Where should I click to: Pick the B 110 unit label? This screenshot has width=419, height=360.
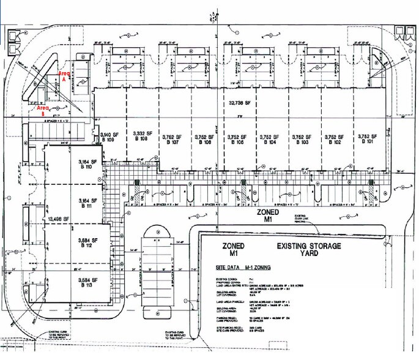pyautogui.click(x=84, y=167)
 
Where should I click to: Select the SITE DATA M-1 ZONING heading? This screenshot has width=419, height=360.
pyautogui.click(x=243, y=268)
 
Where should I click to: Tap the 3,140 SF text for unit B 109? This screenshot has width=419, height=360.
pyautogui.click(x=108, y=134)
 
